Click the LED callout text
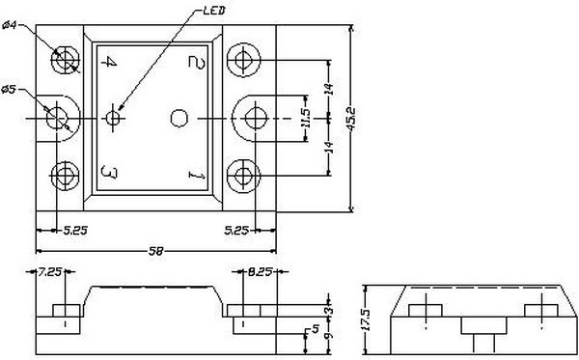tap(215, 12)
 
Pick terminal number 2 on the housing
tap(195, 62)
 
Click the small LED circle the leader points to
tap(114, 118)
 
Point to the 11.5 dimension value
tap(307, 118)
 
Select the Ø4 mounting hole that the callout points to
tap(66, 62)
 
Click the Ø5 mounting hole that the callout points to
tap(58, 118)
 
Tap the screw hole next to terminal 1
tap(242, 175)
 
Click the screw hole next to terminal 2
tap(242, 62)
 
